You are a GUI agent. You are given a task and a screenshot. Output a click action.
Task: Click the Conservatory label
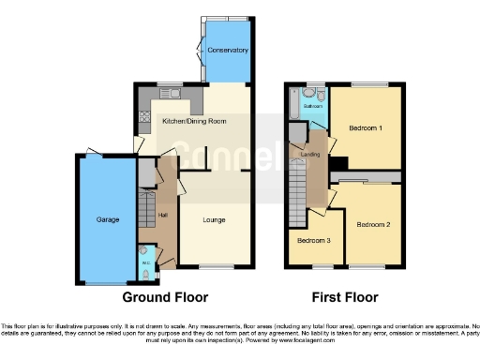[x=228, y=50]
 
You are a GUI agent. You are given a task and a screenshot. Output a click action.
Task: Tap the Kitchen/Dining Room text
[x=194, y=121]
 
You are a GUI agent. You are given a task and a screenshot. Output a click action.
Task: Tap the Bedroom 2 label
[x=373, y=225]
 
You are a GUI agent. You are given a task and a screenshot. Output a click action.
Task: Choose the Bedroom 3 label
[x=314, y=241]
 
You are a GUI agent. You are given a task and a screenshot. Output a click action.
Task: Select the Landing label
[x=310, y=154]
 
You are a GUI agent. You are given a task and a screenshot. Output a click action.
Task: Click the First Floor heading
[x=346, y=297]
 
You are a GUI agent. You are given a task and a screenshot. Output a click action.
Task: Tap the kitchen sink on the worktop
[x=172, y=93]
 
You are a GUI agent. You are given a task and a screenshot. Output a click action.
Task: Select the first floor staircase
[x=298, y=178]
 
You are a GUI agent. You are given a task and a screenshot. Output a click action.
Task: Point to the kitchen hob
[x=143, y=117]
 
